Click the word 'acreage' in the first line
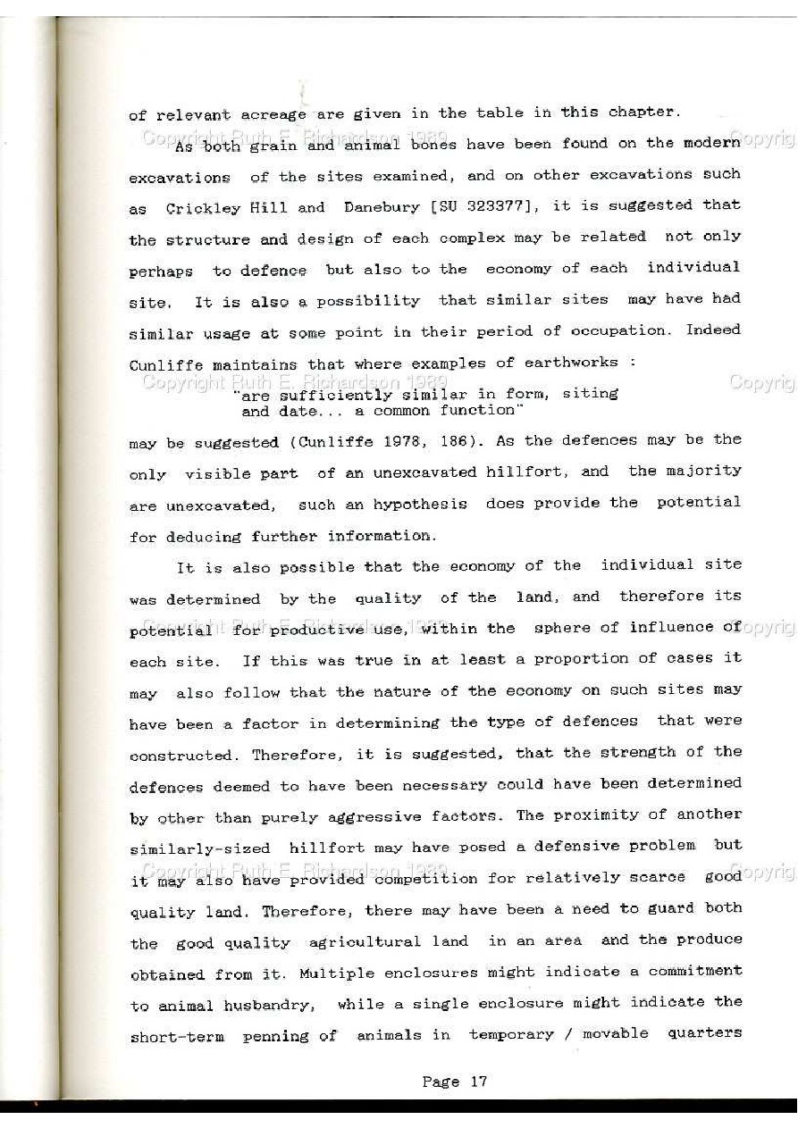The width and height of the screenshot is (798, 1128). (x=273, y=115)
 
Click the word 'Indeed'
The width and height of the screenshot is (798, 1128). (x=713, y=329)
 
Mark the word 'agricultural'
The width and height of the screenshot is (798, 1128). (x=364, y=941)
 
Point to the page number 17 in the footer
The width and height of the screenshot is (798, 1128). (x=478, y=1082)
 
